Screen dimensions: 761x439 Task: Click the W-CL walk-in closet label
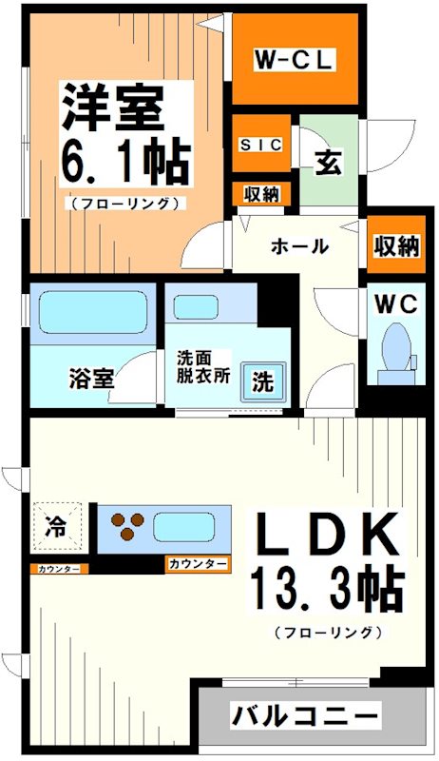click(295, 61)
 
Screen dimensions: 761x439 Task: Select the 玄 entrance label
click(328, 161)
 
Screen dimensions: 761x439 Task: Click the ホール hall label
click(299, 246)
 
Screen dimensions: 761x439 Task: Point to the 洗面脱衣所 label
click(203, 367)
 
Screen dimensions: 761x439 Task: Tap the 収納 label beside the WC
click(394, 245)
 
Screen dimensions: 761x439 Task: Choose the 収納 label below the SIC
click(261, 194)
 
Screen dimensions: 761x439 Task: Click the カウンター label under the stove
click(198, 564)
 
